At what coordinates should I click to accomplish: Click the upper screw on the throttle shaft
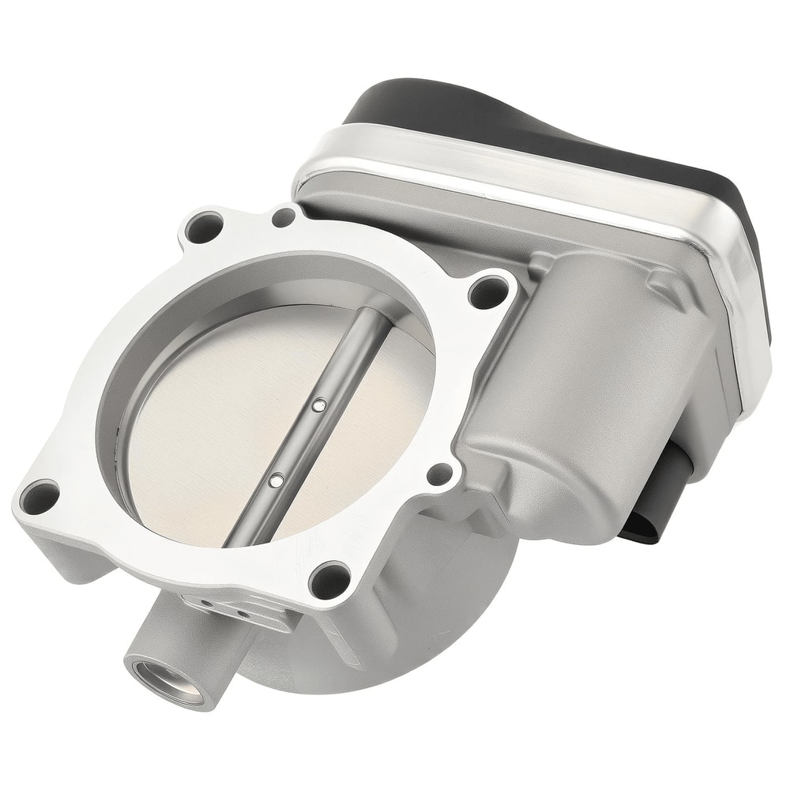coord(318,405)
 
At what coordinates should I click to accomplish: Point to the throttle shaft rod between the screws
coord(297,442)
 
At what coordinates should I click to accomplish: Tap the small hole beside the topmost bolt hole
coord(285,215)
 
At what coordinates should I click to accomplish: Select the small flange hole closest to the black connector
coord(439,474)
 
